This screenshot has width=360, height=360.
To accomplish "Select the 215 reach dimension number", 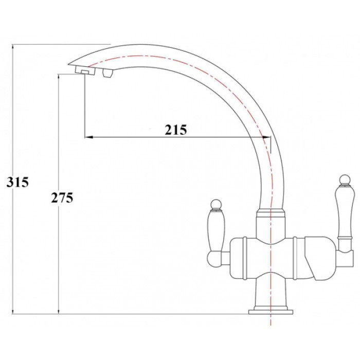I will click(x=175, y=130).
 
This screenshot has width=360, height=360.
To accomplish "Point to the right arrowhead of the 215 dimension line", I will click(x=265, y=137).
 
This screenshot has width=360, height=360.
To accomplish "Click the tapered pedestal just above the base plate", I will click(x=269, y=293).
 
